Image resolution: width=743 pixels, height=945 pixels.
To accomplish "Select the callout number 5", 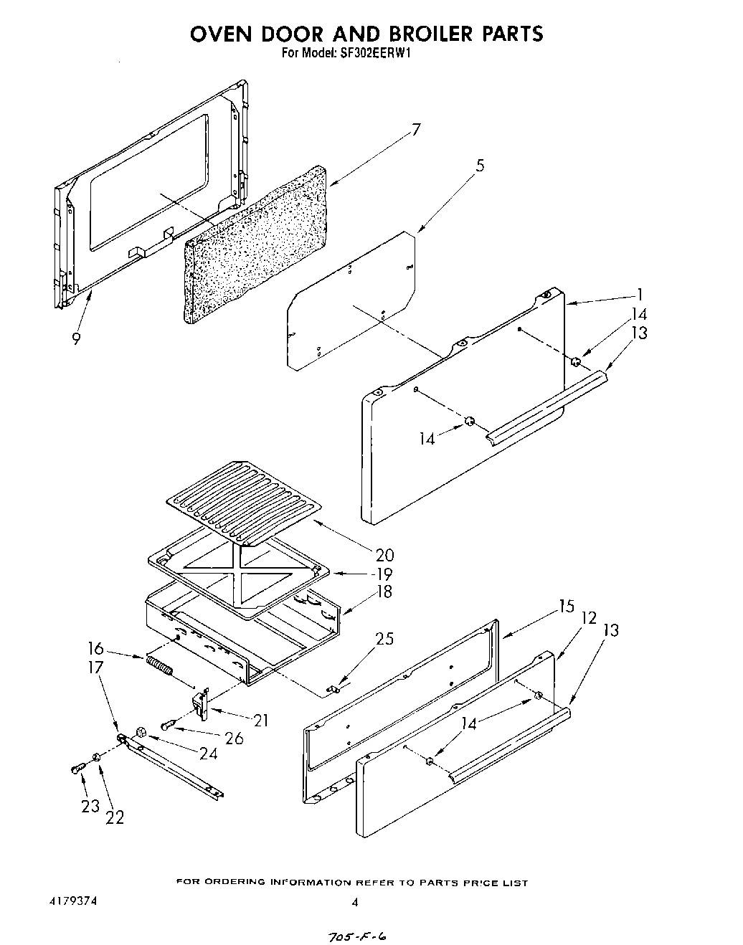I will [x=480, y=166].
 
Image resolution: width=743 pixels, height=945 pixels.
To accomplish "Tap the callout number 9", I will [x=76, y=338].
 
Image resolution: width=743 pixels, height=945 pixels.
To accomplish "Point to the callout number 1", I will [x=639, y=294].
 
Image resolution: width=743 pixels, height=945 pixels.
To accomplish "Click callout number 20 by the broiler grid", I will [x=384, y=554].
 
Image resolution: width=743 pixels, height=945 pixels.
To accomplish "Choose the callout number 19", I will [x=384, y=574].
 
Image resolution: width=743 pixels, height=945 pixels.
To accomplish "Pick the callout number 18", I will [x=384, y=592].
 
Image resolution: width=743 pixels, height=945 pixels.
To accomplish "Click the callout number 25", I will [x=384, y=638].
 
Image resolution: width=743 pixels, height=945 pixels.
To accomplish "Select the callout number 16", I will [x=95, y=649].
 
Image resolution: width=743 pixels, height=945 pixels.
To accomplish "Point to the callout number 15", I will [x=566, y=607].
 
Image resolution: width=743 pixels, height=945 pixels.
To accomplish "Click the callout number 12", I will [x=588, y=617].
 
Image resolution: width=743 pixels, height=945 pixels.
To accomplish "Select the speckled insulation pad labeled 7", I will [x=255, y=242].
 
